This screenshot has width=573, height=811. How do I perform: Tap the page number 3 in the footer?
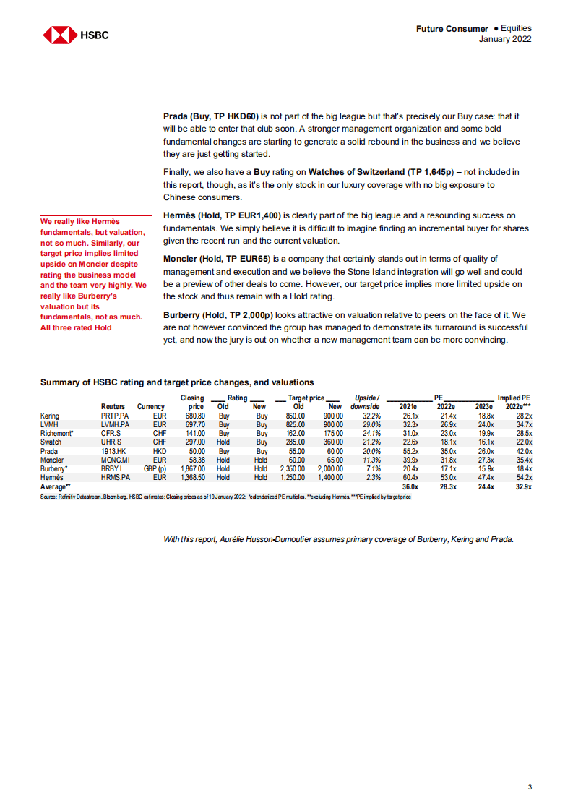click(530, 786)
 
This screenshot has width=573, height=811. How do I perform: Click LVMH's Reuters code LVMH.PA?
click(116, 425)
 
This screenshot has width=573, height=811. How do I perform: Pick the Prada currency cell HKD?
click(160, 451)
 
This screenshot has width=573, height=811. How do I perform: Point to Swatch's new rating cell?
click(261, 442)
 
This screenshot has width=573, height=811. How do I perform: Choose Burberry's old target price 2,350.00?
click(292, 468)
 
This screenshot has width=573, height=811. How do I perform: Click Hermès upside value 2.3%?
click(373, 477)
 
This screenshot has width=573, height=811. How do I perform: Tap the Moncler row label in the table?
click(52, 460)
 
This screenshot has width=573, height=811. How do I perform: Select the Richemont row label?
click(57, 434)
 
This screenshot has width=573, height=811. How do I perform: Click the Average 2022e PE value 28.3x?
click(445, 486)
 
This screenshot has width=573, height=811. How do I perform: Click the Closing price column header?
click(192, 402)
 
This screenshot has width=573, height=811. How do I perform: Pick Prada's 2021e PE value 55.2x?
click(410, 451)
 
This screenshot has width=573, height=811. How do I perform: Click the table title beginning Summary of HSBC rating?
click(177, 382)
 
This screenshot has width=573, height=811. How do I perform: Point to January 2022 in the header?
click(505, 39)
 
